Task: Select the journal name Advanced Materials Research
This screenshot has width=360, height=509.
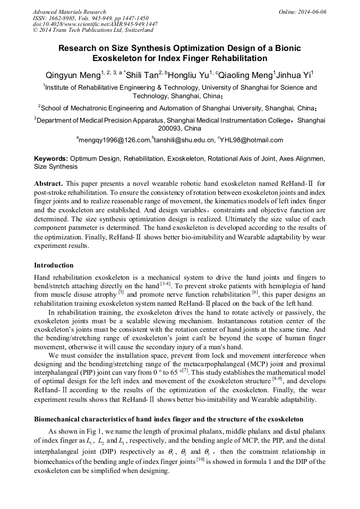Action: click(69, 12)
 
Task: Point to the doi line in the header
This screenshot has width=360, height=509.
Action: click(95, 24)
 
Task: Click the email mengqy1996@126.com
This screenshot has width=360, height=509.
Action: click(115, 140)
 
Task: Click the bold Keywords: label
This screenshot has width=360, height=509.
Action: click(51, 159)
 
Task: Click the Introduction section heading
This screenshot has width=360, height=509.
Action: click(54, 265)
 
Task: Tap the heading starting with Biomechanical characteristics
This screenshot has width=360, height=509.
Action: click(168, 419)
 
